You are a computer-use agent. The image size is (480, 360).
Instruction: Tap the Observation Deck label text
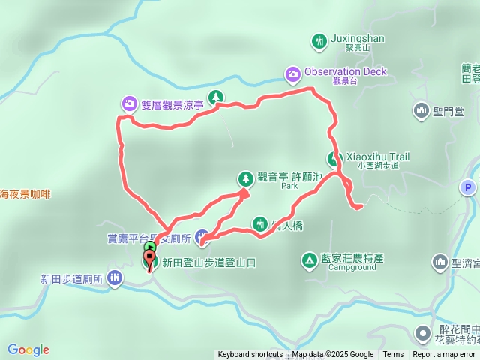[346, 71]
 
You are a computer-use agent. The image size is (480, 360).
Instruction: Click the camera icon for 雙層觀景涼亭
[129, 103]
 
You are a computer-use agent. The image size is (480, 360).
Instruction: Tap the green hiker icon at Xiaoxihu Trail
[332, 158]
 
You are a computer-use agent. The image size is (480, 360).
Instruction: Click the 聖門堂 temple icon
[421, 112]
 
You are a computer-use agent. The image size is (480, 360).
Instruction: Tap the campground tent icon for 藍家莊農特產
[308, 260]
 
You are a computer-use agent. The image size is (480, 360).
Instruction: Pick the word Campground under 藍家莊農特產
[346, 267]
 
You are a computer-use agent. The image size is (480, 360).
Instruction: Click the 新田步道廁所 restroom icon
[114, 279]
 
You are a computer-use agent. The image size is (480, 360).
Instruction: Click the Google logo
[28, 349]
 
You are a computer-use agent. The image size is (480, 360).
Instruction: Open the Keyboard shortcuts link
[250, 355]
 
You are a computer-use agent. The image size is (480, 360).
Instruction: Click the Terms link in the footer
[393, 355]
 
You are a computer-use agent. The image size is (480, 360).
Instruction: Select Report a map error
[444, 355]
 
